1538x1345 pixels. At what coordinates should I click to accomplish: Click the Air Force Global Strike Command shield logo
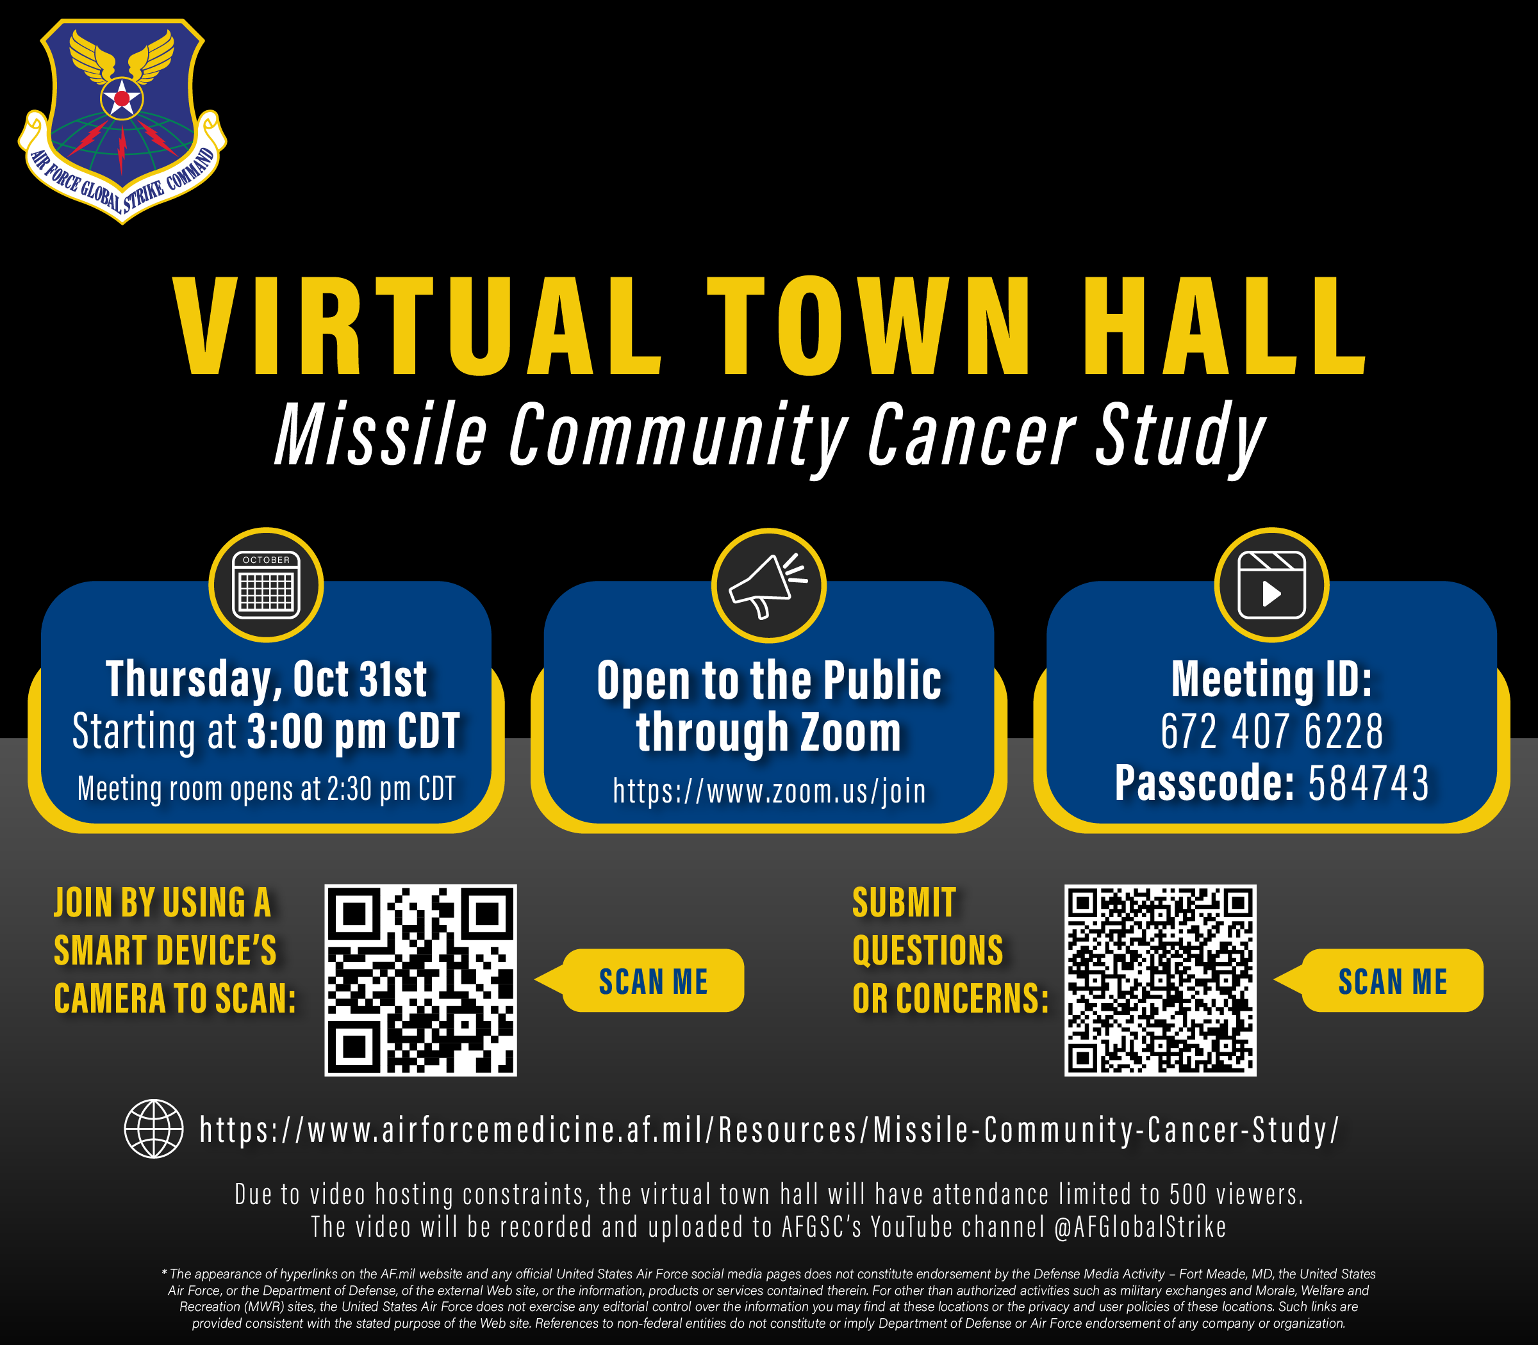coord(122,120)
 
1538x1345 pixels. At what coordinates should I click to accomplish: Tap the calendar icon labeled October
coord(266,585)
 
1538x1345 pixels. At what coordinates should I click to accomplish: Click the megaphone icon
coord(768,585)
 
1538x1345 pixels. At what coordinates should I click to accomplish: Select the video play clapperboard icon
coord(1271,585)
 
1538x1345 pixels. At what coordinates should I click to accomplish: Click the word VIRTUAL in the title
coord(417,326)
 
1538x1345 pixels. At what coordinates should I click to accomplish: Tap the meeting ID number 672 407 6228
coord(1271,731)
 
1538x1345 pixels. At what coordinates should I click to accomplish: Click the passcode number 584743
coord(1368,783)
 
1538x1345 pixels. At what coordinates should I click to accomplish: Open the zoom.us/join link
coord(769,790)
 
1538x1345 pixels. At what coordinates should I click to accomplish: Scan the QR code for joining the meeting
coord(420,980)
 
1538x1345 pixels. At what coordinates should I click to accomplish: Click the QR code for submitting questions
coord(1161,980)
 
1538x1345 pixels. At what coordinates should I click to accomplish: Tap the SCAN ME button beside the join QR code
coord(652,981)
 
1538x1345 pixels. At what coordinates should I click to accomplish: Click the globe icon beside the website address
coord(153,1129)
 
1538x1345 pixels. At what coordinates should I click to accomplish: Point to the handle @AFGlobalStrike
coord(1140,1227)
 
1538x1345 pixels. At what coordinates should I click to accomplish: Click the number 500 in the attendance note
coord(1187,1193)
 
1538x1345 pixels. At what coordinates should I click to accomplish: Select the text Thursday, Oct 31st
coord(266,680)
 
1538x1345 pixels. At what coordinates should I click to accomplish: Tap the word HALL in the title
coord(1224,326)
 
